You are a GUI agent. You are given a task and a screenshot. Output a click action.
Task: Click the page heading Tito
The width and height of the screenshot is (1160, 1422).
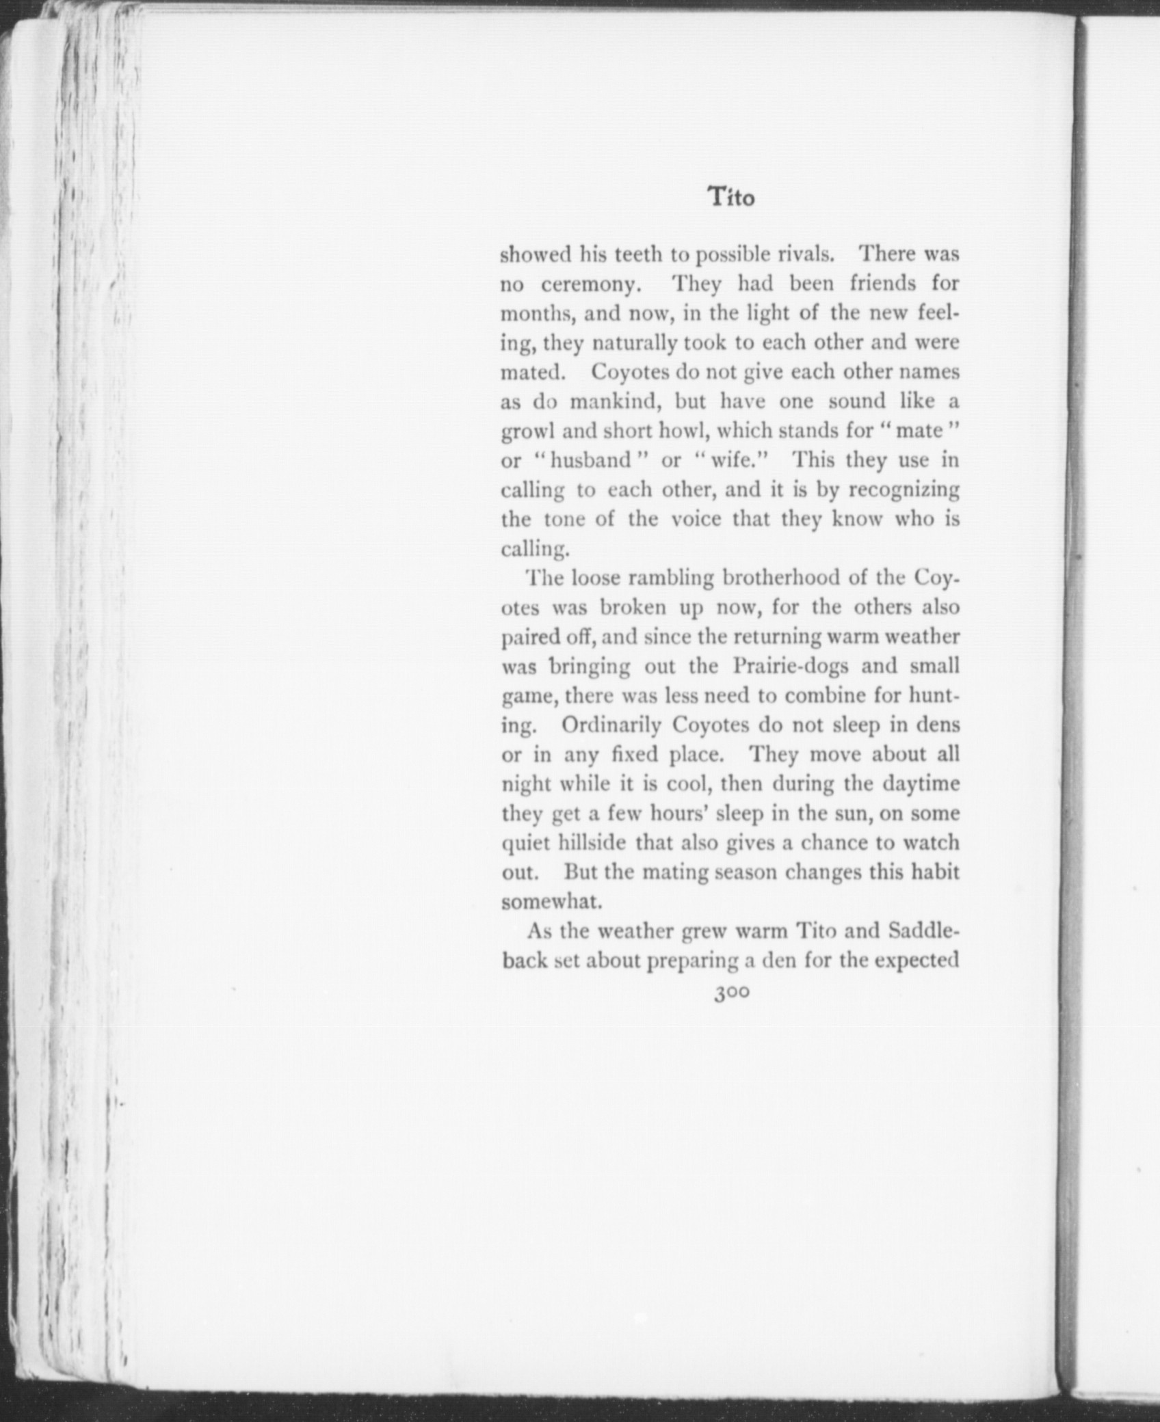point(731,197)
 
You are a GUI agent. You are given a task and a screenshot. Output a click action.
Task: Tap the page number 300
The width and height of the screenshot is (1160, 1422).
point(731,993)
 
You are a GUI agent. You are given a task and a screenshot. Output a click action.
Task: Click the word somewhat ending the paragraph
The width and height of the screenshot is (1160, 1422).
point(551,902)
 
